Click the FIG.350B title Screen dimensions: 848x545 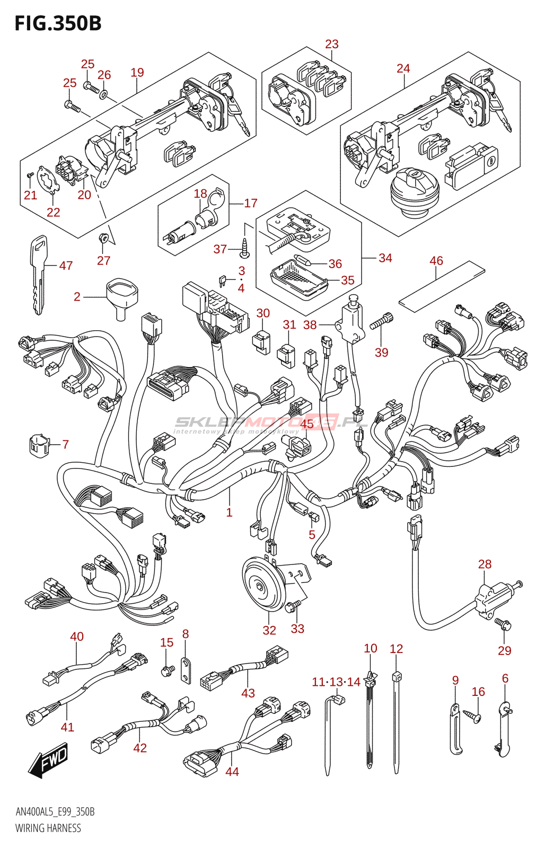(x=58, y=24)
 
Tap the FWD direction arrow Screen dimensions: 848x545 (x=48, y=760)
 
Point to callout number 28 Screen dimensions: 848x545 (x=485, y=564)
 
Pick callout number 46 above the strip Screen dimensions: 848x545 (x=436, y=261)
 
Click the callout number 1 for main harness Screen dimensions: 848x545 (x=229, y=513)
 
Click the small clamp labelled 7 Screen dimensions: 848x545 (x=38, y=445)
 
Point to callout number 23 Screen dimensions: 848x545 (x=332, y=45)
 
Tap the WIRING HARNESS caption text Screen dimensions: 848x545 (x=48, y=828)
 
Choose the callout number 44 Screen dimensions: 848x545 (x=232, y=772)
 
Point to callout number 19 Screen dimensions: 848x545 (x=137, y=73)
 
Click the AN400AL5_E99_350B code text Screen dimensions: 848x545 (x=55, y=812)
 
